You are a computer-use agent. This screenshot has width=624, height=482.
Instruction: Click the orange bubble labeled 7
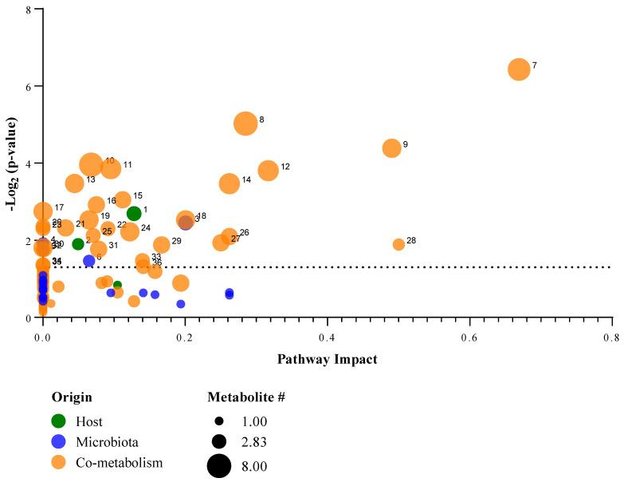(x=519, y=69)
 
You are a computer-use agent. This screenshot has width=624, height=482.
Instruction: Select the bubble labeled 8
(x=245, y=123)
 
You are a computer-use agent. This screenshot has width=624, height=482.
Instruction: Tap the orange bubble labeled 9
(x=391, y=148)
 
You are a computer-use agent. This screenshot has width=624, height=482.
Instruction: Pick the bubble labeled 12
(x=269, y=170)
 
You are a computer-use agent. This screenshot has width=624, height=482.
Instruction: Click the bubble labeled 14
(x=230, y=184)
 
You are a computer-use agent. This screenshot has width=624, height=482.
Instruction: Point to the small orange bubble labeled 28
(x=398, y=244)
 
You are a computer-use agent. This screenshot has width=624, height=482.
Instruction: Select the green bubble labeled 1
(x=134, y=213)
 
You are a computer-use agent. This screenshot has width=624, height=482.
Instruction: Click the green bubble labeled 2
(x=78, y=243)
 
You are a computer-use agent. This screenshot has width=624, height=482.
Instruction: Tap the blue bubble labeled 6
(x=89, y=260)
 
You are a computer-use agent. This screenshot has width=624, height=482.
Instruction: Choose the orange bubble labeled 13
(x=74, y=184)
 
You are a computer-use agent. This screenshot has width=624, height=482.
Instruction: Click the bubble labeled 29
(x=162, y=244)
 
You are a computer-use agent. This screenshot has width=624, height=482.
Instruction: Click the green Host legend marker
(x=58, y=421)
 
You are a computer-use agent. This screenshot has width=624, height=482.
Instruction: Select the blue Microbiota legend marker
(x=58, y=441)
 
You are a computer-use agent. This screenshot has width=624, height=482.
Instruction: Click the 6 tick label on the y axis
(x=28, y=85)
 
